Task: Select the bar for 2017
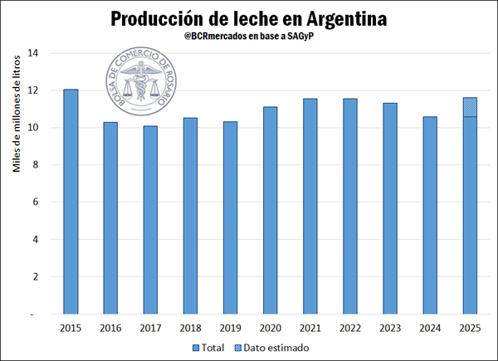tap(150, 220)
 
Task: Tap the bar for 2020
tap(270, 211)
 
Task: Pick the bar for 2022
tap(349, 207)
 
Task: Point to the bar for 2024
tap(429, 216)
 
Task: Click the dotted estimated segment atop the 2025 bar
tap(469, 107)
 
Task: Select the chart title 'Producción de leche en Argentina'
tap(249, 17)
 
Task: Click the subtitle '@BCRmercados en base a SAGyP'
tap(249, 37)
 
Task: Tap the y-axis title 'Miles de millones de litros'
tap(16, 121)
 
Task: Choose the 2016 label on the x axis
tap(110, 328)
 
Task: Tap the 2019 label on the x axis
tap(230, 328)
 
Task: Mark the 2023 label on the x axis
tap(389, 328)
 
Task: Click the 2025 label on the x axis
tap(469, 328)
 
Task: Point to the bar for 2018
tap(190, 216)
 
